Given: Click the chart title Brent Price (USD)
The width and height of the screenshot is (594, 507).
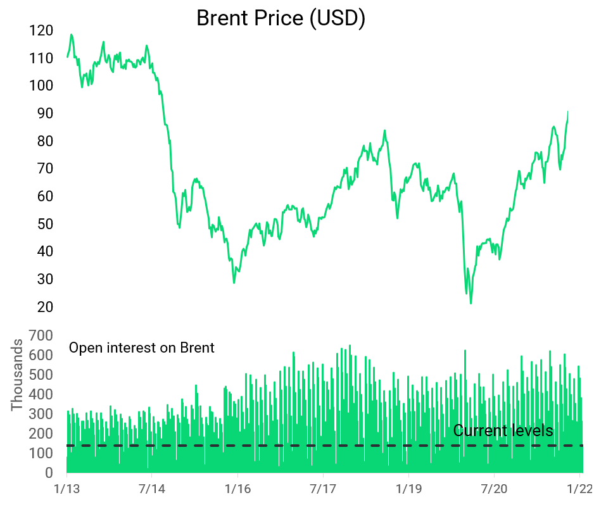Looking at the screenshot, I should (x=281, y=18).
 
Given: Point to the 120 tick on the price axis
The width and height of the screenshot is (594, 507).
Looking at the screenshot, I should (x=42, y=30).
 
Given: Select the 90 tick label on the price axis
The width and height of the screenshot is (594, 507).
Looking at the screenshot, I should (x=42, y=113).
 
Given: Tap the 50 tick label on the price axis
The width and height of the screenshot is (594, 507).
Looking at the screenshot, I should (x=42, y=224).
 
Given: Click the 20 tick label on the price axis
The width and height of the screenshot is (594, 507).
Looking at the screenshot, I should (x=42, y=307).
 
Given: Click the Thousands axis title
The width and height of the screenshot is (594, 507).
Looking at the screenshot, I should (x=16, y=375).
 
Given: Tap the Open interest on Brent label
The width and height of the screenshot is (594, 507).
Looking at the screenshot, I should (x=141, y=347).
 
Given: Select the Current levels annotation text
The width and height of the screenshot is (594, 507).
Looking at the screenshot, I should (x=503, y=431).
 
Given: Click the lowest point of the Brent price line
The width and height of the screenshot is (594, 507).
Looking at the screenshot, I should (x=471, y=303).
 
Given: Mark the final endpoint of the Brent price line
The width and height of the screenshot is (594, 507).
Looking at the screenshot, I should (x=567, y=111).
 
